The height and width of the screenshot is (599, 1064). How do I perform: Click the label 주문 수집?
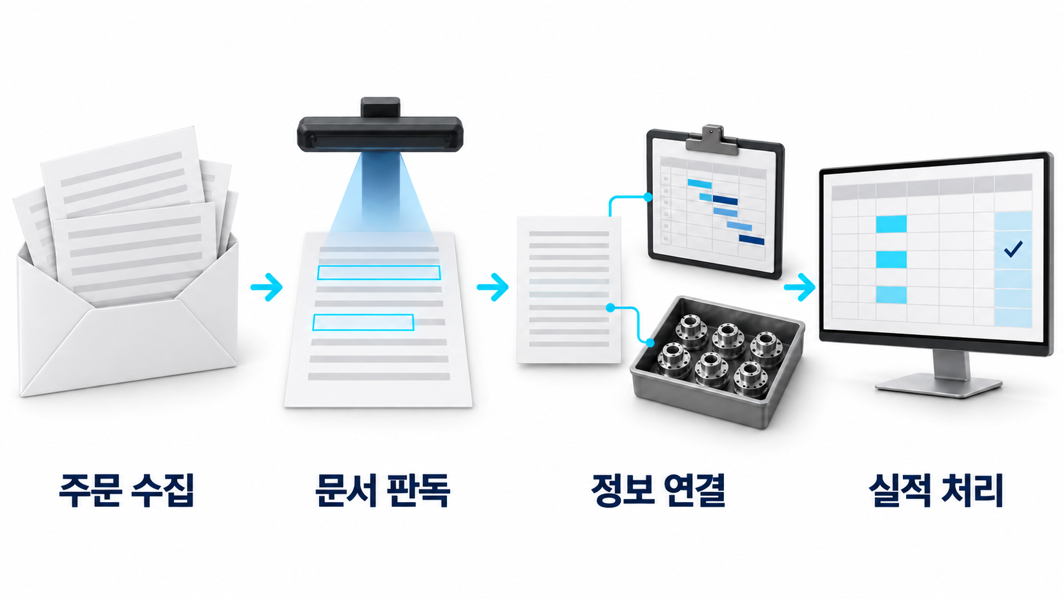[x=126, y=490]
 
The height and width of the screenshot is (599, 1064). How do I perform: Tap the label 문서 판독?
[x=383, y=490]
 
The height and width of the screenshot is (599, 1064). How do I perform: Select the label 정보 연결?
[x=658, y=490]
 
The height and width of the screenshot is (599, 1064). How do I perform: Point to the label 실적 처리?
[x=936, y=490]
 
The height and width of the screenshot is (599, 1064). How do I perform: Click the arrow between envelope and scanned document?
[x=267, y=287]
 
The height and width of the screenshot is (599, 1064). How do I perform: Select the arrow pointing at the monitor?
[x=800, y=287]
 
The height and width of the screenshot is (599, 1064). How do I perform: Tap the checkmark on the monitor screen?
[x=1012, y=249]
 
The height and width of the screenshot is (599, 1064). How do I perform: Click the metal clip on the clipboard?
[x=711, y=141]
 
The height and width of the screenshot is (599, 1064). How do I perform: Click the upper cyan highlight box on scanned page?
[x=379, y=272]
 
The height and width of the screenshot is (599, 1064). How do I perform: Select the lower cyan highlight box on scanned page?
[x=364, y=322]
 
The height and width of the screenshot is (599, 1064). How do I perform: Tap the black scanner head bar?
[x=380, y=134]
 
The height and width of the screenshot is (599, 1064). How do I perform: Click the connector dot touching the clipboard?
[x=648, y=197]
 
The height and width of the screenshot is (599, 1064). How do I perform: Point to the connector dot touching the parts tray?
[x=650, y=342]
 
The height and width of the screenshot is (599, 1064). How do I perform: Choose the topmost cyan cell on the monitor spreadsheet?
[x=891, y=224]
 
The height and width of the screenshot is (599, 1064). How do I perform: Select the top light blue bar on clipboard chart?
[x=700, y=183]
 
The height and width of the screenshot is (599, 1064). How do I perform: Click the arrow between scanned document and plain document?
[x=493, y=287]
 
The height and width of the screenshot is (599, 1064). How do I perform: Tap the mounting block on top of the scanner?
[x=380, y=108]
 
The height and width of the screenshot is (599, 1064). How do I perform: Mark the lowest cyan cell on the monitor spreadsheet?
[x=891, y=295]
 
